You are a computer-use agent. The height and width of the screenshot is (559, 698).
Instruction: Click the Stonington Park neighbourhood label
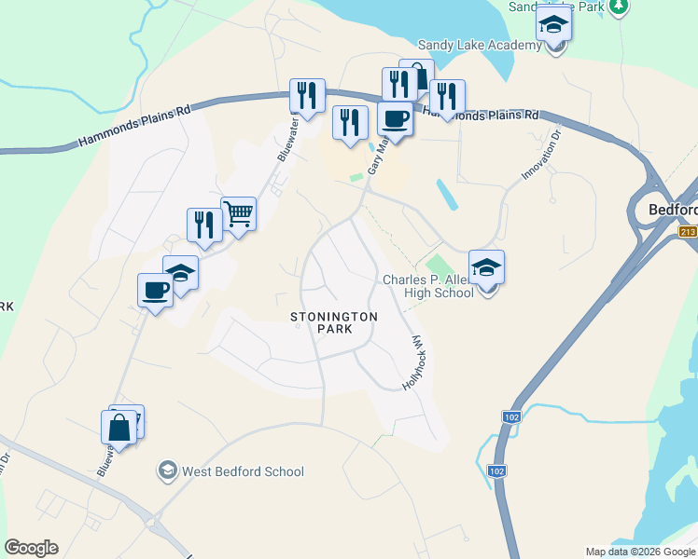[x=333, y=322]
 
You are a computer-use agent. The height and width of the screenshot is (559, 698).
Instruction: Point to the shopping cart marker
[x=239, y=214]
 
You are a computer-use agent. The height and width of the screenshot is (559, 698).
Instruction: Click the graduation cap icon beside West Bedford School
[x=168, y=470]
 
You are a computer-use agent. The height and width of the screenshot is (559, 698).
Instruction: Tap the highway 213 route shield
[x=689, y=231]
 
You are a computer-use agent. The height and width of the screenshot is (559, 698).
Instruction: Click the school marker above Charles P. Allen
[x=486, y=268]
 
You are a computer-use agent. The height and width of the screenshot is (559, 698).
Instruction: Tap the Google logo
[x=31, y=548]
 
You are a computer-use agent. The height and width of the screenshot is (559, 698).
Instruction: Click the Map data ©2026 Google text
[x=639, y=552]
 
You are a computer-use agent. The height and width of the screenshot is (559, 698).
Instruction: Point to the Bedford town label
[x=674, y=211]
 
